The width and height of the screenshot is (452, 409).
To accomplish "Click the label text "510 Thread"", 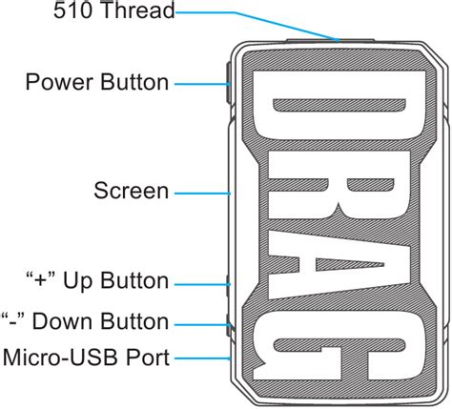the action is tap(114, 10).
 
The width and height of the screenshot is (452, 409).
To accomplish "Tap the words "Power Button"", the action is tap(97, 82).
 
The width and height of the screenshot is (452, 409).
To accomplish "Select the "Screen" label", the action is tap(131, 191).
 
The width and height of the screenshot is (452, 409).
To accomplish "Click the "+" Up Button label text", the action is tap(97, 281).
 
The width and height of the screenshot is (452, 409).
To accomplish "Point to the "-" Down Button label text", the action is tap(85, 321).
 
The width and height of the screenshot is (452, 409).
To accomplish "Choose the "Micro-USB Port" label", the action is tap(86, 358).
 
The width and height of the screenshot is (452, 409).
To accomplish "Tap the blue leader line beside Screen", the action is tap(202, 194).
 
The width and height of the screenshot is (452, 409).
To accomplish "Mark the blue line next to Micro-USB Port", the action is tap(202, 358).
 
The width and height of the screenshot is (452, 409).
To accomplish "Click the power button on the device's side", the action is tap(229, 83).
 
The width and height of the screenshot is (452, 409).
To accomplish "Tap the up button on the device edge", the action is tap(228, 285).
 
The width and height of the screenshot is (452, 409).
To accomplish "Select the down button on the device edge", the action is tap(228, 325).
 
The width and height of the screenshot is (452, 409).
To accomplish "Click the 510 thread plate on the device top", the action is tap(331, 40).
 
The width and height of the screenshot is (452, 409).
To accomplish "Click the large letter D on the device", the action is tap(339, 105).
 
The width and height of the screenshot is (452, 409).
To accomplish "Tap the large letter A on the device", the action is tap(339, 264).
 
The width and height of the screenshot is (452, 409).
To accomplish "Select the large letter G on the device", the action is tap(339, 346).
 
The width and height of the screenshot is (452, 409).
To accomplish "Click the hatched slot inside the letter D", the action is tap(339, 106).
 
